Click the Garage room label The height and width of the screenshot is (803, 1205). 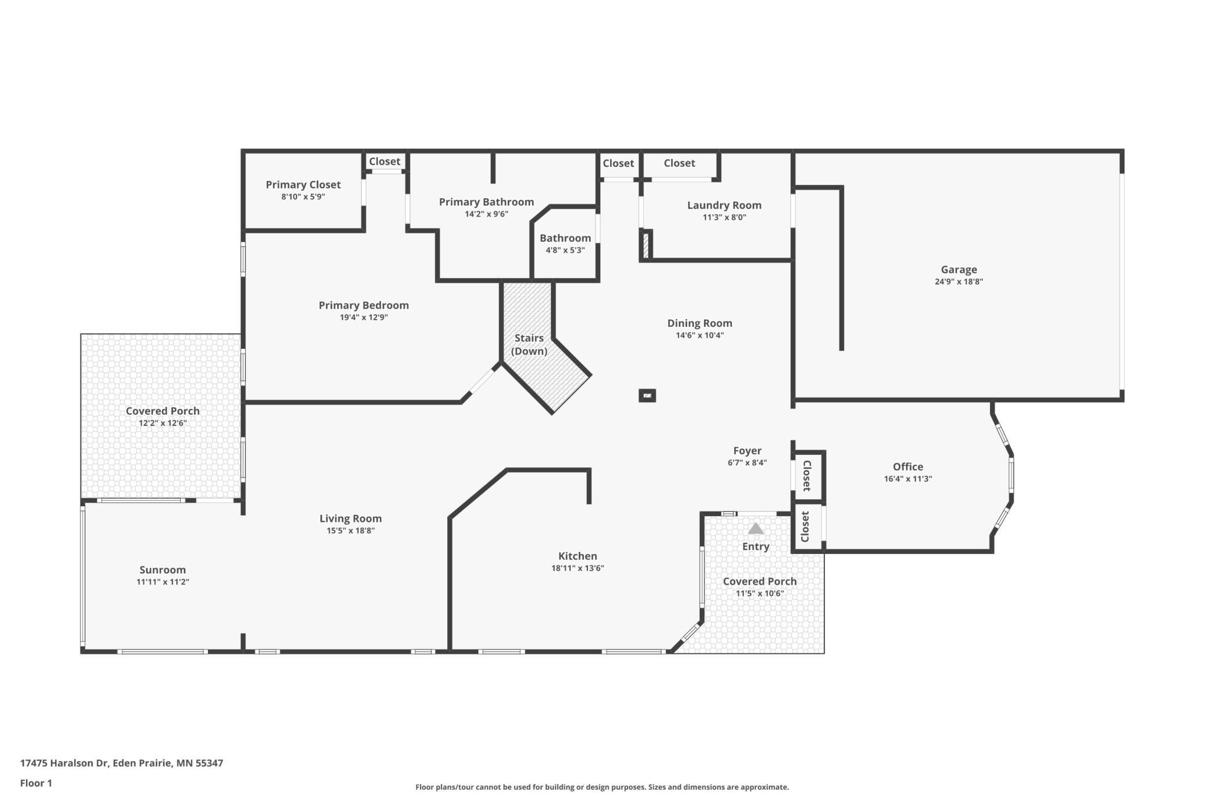tap(958, 269)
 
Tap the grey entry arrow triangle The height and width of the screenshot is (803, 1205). tap(755, 528)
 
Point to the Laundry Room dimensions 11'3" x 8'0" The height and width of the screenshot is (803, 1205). tap(724, 218)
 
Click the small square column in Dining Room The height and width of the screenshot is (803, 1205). tap(647, 396)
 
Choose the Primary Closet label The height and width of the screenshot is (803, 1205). tap(303, 185)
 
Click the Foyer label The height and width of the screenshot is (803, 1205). tap(747, 451)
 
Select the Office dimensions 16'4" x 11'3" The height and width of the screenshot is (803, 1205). tap(907, 479)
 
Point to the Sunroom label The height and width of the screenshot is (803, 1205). tap(162, 570)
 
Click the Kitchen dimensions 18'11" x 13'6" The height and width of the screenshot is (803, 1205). tap(577, 568)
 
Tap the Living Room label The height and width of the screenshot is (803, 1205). tap(350, 519)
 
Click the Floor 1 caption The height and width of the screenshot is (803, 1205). tap(36, 783)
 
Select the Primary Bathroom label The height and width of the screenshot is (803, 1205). tap(486, 202)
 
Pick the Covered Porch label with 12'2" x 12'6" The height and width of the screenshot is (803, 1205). tap(162, 411)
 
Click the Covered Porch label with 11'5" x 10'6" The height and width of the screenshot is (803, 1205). tap(759, 582)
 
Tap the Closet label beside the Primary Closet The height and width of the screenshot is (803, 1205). tap(385, 162)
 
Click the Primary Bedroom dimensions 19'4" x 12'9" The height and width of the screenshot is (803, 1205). tap(363, 317)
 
